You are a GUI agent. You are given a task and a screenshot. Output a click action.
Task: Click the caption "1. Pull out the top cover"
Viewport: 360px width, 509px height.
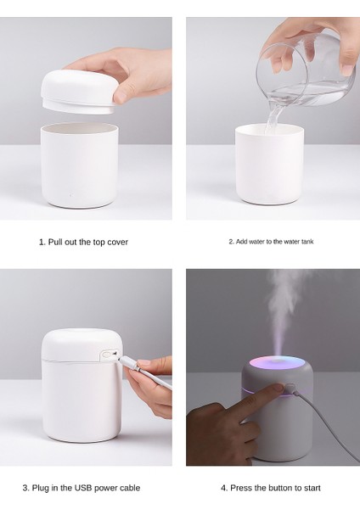tap(83, 242)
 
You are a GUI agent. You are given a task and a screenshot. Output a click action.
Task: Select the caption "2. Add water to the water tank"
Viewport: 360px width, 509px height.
tap(271, 242)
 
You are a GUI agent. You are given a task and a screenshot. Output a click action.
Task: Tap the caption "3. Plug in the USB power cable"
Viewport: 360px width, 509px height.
tap(83, 489)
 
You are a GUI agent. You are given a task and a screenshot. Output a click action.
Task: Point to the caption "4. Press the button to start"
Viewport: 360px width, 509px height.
tap(271, 489)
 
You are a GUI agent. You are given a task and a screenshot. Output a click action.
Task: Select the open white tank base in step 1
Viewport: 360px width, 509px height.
tap(80, 165)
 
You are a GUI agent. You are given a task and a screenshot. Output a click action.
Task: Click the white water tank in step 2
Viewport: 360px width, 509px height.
tap(268, 165)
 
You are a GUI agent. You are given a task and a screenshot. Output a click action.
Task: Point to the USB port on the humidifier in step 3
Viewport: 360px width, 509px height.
tap(108, 355)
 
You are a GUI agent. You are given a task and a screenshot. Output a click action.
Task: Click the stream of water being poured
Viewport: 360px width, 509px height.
tap(272, 119)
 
